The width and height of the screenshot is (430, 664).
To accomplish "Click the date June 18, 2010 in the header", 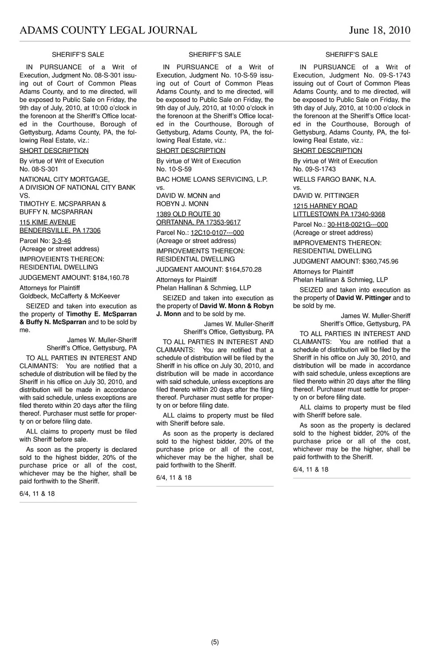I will tap(379, 30).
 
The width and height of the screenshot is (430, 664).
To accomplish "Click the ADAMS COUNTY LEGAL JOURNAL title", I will tap(108, 30).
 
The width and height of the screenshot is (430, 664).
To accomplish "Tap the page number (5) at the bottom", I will tap(215, 642).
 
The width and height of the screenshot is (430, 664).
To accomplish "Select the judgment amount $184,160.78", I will tap(111, 278).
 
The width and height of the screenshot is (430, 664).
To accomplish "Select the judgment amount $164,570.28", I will tap(244, 270).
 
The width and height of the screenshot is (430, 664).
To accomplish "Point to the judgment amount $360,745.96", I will tap(380, 261).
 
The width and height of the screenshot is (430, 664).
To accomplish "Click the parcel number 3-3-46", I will tap(61, 241).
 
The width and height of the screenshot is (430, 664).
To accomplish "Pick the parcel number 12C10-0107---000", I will tap(217, 233).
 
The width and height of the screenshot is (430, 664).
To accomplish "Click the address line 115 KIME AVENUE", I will tap(47, 223).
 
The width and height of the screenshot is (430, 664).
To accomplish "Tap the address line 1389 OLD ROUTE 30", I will tap(188, 214).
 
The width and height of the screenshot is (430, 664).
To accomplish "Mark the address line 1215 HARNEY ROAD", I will tap(325, 206).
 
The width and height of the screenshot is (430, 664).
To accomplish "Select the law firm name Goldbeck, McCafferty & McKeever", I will tap(69, 296).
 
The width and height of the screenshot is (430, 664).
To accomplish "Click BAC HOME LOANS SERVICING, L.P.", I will tap(212, 180).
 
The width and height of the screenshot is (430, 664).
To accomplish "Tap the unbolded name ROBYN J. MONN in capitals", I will tap(182, 204).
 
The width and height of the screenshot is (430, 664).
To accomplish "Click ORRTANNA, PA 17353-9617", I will tap(198, 223).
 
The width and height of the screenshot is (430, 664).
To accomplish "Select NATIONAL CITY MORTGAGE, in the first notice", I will tap(64, 180).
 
